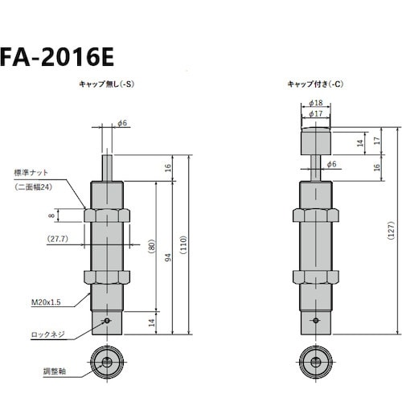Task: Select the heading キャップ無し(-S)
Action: [105, 84]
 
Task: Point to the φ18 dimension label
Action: [316, 104]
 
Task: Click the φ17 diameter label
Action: [316, 113]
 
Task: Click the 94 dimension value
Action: [167, 258]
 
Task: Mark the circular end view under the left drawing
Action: [106, 363]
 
